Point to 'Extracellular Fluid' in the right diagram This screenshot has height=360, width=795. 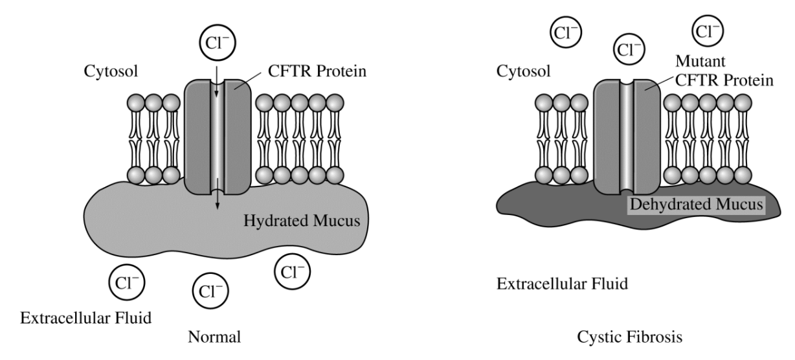coord(562,284)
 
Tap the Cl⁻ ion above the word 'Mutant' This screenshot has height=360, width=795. coord(708,30)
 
